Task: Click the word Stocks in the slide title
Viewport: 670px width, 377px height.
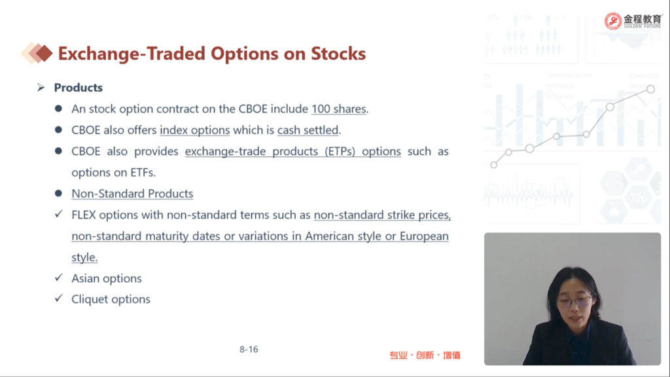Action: click(x=338, y=54)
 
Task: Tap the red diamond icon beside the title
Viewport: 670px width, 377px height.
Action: click(x=43, y=54)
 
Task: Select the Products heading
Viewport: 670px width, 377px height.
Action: click(x=79, y=88)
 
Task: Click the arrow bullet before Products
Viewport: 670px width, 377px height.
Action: click(x=41, y=88)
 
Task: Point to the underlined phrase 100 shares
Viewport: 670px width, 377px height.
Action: click(x=339, y=109)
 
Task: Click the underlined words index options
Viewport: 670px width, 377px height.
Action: click(x=195, y=130)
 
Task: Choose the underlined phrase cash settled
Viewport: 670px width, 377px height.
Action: click(x=308, y=130)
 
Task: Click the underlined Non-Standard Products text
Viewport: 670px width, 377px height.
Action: click(x=132, y=194)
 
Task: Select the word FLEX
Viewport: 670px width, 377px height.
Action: click(x=84, y=215)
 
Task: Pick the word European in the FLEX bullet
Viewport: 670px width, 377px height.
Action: click(x=424, y=236)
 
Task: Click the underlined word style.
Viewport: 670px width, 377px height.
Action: click(x=84, y=257)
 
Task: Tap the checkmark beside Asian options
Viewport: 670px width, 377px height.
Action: click(x=59, y=278)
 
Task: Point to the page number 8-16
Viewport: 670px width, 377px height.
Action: click(x=249, y=350)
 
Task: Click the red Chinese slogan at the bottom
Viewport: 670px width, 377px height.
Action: click(x=425, y=355)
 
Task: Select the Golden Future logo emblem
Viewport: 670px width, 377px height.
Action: click(x=612, y=21)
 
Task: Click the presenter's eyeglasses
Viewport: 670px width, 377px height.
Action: click(x=574, y=301)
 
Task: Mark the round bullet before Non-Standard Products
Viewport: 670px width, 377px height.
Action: click(x=58, y=193)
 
